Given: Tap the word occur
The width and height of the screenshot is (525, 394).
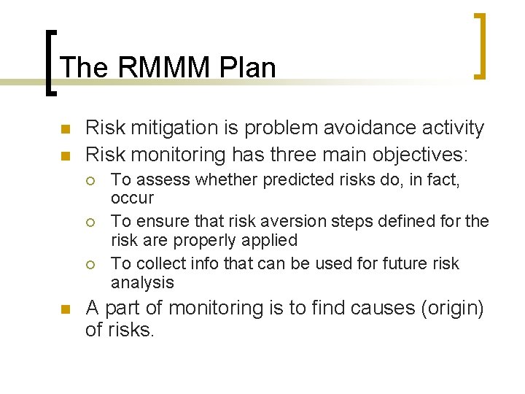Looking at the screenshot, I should [x=132, y=198].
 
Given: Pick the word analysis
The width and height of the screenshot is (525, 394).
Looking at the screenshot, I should [x=142, y=282].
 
